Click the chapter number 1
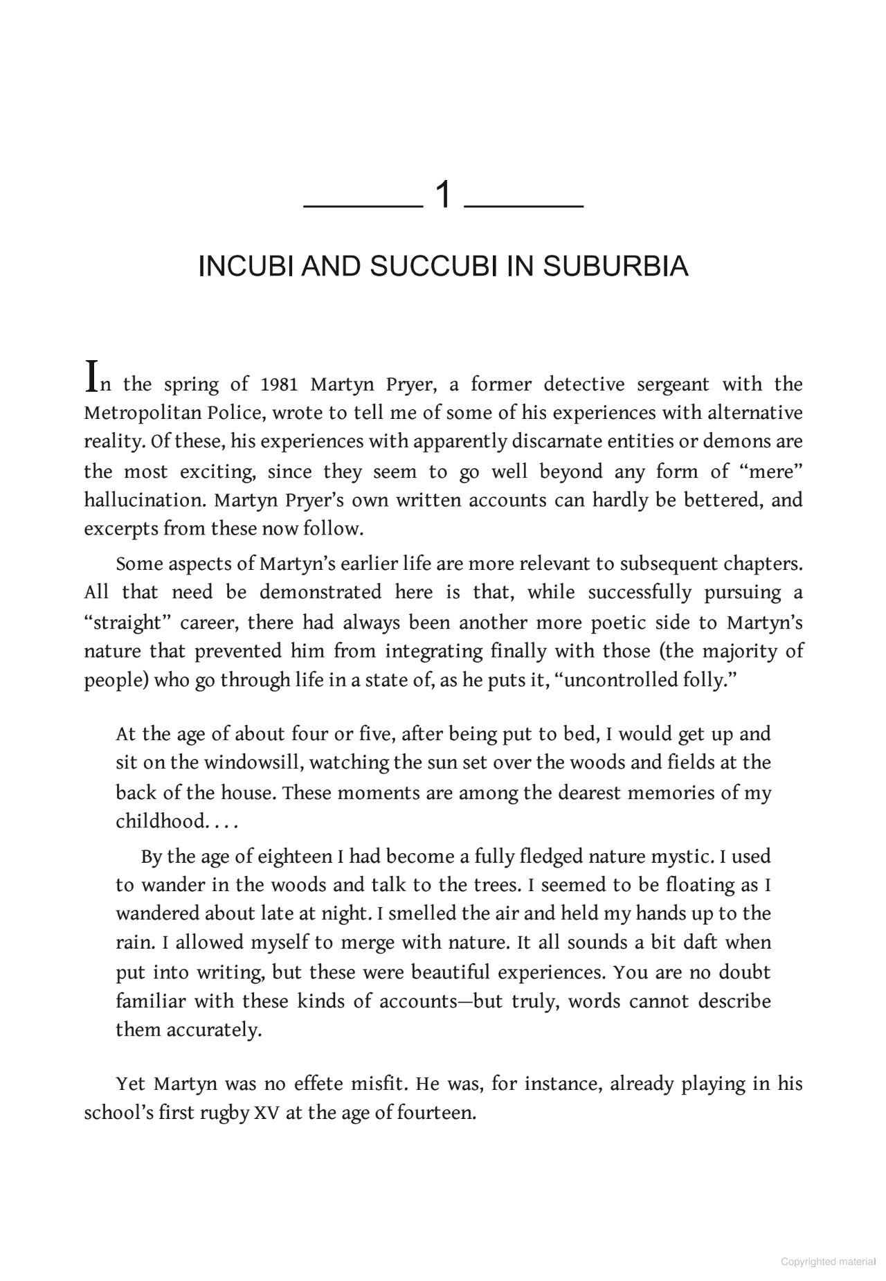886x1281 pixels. point(443,196)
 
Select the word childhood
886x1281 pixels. point(160,821)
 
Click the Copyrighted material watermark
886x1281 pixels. point(828,1262)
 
